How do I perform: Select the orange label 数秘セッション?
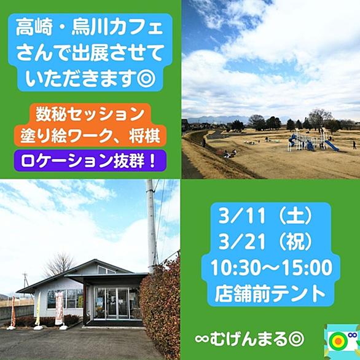tap(90, 114)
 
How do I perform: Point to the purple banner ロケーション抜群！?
tap(90, 161)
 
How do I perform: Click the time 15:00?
tap(308, 268)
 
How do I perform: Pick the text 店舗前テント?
tap(270, 294)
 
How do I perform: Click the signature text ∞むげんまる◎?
tap(249, 339)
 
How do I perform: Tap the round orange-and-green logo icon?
tap(337, 342)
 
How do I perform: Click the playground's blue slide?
tap(332, 146)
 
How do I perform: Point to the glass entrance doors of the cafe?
tap(112, 303)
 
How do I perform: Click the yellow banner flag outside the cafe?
tap(38, 309)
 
